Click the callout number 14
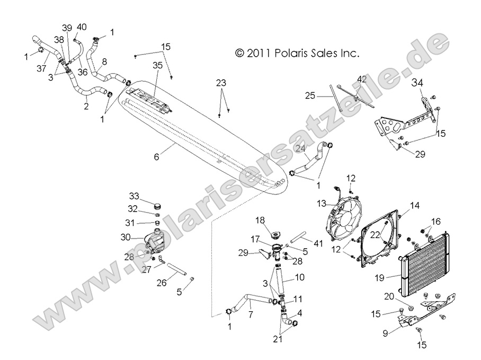pyautogui.click(x=414, y=204)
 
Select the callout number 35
pyautogui.click(x=157, y=66)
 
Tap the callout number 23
pyautogui.click(x=221, y=83)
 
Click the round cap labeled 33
pyautogui.click(x=156, y=205)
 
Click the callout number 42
pyautogui.click(x=362, y=79)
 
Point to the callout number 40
pyautogui.click(x=82, y=27)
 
